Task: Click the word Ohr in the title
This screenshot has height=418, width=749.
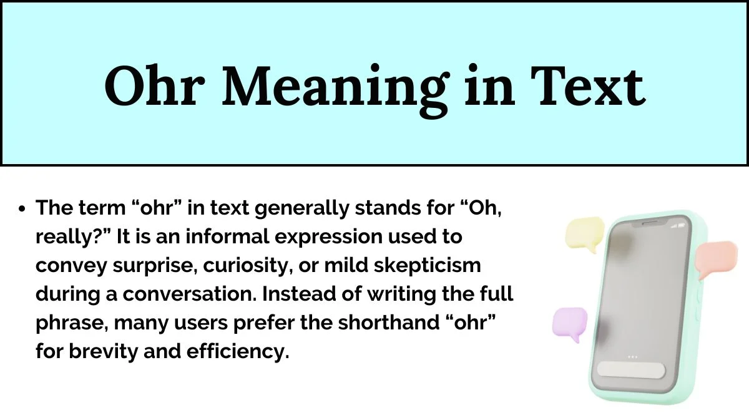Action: pyautogui.click(x=155, y=86)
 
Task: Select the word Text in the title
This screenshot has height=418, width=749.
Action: pyautogui.click(x=588, y=86)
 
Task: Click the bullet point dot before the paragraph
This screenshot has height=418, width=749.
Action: pyautogui.click(x=22, y=209)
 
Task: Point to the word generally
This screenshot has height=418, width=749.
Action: pyautogui.click(x=301, y=209)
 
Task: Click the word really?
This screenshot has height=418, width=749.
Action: pyautogui.click(x=73, y=238)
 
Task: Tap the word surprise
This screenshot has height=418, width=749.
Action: pyautogui.click(x=155, y=266)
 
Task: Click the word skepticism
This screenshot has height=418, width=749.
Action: pyautogui.click(x=428, y=266)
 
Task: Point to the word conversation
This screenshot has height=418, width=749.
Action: pyautogui.click(x=190, y=294)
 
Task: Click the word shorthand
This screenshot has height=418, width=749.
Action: pyautogui.click(x=388, y=323)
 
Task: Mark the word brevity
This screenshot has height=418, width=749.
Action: pyautogui.click(x=104, y=352)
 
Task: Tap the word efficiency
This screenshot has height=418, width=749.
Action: pyautogui.click(x=238, y=352)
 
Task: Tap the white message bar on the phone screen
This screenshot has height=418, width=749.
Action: pyautogui.click(x=631, y=370)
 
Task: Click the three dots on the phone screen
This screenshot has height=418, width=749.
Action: pyautogui.click(x=632, y=357)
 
